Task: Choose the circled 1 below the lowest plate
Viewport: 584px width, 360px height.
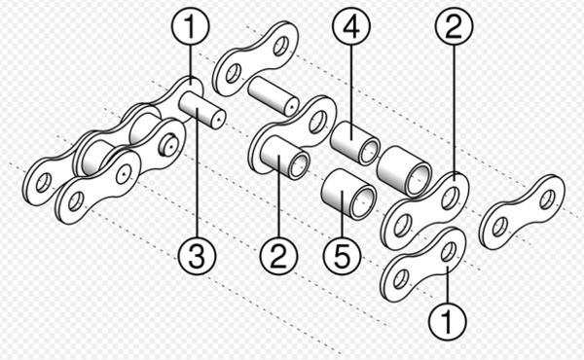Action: pyautogui.click(x=447, y=317)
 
